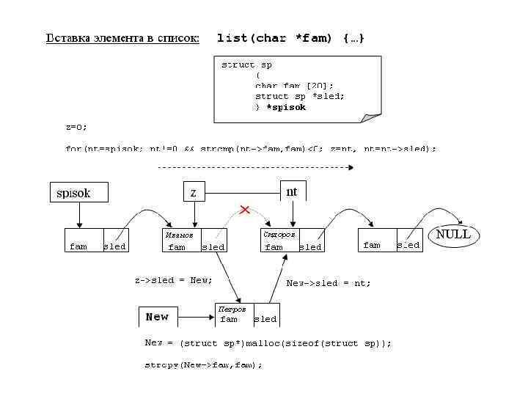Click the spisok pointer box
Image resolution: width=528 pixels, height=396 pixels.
(x=78, y=192)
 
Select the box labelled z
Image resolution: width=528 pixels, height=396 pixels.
(x=194, y=191)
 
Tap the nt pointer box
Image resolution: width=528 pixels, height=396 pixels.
(x=293, y=191)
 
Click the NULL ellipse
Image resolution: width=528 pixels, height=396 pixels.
(x=453, y=235)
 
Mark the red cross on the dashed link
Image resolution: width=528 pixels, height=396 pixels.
(x=245, y=210)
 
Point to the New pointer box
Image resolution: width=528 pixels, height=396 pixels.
(x=157, y=317)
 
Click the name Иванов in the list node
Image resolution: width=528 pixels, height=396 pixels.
(x=179, y=235)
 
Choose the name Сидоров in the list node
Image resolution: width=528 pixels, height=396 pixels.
(x=279, y=235)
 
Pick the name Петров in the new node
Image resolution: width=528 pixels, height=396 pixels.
(x=232, y=309)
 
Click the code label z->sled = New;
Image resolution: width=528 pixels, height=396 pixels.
(x=173, y=280)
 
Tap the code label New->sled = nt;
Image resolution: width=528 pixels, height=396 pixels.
(x=329, y=283)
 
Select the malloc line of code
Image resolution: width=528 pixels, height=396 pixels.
(x=268, y=343)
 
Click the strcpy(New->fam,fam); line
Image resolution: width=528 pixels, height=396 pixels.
(x=203, y=364)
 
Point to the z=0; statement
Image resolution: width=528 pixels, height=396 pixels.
(x=76, y=127)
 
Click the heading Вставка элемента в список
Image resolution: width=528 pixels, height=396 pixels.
(x=122, y=37)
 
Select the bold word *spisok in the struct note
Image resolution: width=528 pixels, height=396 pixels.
(x=286, y=107)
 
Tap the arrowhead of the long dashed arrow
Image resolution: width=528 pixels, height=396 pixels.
(x=351, y=167)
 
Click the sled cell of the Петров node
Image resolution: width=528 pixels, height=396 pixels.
(x=265, y=319)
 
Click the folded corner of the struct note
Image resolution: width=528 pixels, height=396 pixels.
(x=372, y=116)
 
